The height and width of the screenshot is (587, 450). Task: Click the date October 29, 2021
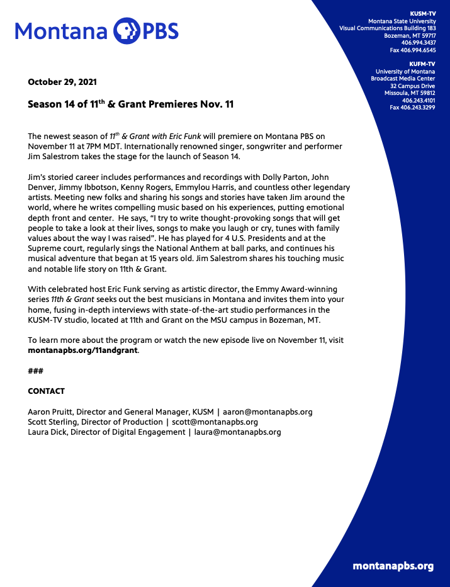tap(62, 82)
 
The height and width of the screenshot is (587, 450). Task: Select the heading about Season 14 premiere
tap(130, 104)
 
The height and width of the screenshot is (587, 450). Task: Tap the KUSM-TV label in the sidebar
tap(422, 13)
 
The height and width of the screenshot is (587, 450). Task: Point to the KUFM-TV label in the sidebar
tap(422, 64)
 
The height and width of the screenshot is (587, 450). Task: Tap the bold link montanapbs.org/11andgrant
tap(83, 350)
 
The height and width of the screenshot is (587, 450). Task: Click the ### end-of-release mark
tap(35, 371)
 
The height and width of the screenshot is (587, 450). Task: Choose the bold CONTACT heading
tap(46, 391)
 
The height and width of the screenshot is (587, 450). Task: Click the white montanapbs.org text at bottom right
tap(393, 566)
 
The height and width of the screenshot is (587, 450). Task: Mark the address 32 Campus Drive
tap(412, 86)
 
